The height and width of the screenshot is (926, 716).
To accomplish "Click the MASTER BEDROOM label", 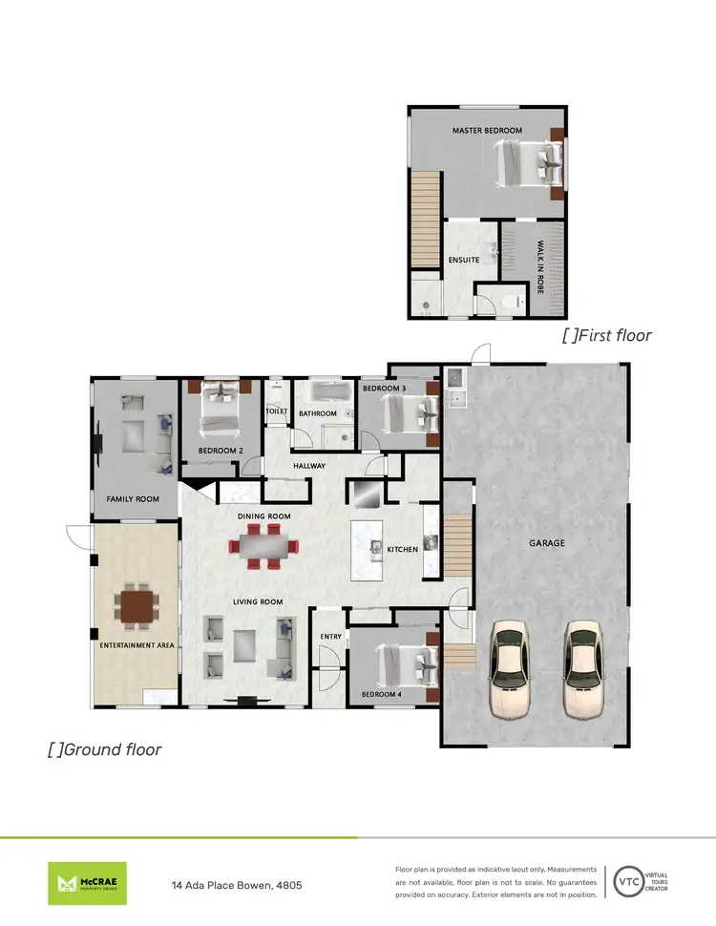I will pyautogui.click(x=487, y=130).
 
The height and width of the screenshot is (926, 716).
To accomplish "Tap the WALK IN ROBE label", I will pyautogui.click(x=539, y=266).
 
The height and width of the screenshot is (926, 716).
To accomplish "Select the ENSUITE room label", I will pyautogui.click(x=463, y=260).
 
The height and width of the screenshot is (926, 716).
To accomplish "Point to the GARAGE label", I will pyautogui.click(x=548, y=543).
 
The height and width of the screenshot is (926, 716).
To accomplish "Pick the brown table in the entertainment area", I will pyautogui.click(x=135, y=605).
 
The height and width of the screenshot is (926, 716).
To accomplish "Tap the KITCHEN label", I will pyautogui.click(x=403, y=549).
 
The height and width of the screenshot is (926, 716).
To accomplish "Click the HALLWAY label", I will pyautogui.click(x=309, y=466).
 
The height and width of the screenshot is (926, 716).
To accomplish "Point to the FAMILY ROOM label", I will pyautogui.click(x=133, y=498).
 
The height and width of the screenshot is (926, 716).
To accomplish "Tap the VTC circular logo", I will pyautogui.click(x=627, y=881).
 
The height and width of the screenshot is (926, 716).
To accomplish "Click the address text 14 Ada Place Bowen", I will pyautogui.click(x=238, y=886).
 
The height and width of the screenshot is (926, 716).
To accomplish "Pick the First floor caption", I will pyautogui.click(x=607, y=335).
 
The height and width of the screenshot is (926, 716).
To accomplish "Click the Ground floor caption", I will pyautogui.click(x=105, y=749).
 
